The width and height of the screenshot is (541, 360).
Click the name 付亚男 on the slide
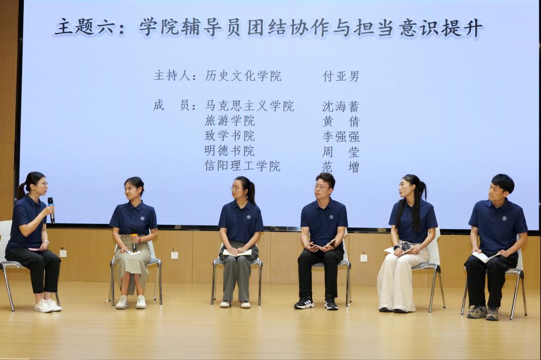pyautogui.click(x=341, y=76)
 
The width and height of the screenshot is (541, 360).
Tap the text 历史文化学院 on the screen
pyautogui.click(x=243, y=76)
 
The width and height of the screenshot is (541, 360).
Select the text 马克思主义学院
pyautogui.click(x=249, y=106)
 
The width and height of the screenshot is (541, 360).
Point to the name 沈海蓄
pyautogui.click(x=341, y=106)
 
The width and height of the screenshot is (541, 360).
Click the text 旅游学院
pyautogui.click(x=230, y=121)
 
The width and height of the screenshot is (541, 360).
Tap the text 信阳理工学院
pyautogui.click(x=242, y=166)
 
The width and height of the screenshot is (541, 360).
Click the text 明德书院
pyautogui.click(x=229, y=151)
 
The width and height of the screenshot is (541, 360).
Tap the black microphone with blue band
pyautogui.click(x=51, y=210)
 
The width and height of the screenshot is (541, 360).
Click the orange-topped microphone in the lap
pyautogui.click(x=134, y=242)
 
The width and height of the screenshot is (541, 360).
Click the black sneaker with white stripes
pyautogui.click(x=304, y=303)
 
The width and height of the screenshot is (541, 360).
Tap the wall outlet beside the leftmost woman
pyautogui.click(x=63, y=253)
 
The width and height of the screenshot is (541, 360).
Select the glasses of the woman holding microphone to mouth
pyautogui.click(x=43, y=184)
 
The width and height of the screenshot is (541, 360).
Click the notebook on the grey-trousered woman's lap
pyautogui.click(x=237, y=253)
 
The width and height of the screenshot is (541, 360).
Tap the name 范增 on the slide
pyautogui.click(x=341, y=167)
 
